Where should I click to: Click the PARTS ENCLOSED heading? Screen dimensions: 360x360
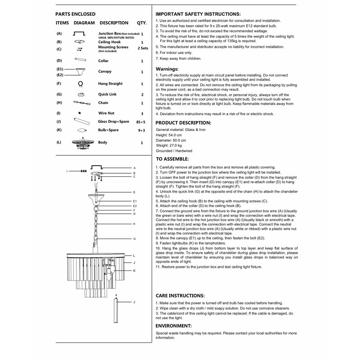76,14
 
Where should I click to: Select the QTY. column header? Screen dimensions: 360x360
142,22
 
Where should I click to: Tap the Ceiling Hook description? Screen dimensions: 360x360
109,42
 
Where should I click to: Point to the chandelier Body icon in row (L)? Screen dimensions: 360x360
81,143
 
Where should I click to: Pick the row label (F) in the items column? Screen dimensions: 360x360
59,84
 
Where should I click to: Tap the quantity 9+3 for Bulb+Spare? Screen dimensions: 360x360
141,130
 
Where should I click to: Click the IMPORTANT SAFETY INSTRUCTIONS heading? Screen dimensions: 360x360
198,14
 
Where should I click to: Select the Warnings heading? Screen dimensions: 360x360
167,69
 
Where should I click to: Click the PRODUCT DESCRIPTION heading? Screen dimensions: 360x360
183,122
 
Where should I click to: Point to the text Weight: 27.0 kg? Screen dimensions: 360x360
169,145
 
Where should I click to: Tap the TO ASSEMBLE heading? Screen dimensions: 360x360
172,159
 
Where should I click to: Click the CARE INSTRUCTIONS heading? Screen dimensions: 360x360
180,296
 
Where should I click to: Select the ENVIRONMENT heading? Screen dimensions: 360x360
174,325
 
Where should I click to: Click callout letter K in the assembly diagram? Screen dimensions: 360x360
134,270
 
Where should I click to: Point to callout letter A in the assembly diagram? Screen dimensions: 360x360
134,168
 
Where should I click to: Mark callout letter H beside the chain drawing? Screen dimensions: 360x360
134,224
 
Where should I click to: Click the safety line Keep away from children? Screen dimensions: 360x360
178,58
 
